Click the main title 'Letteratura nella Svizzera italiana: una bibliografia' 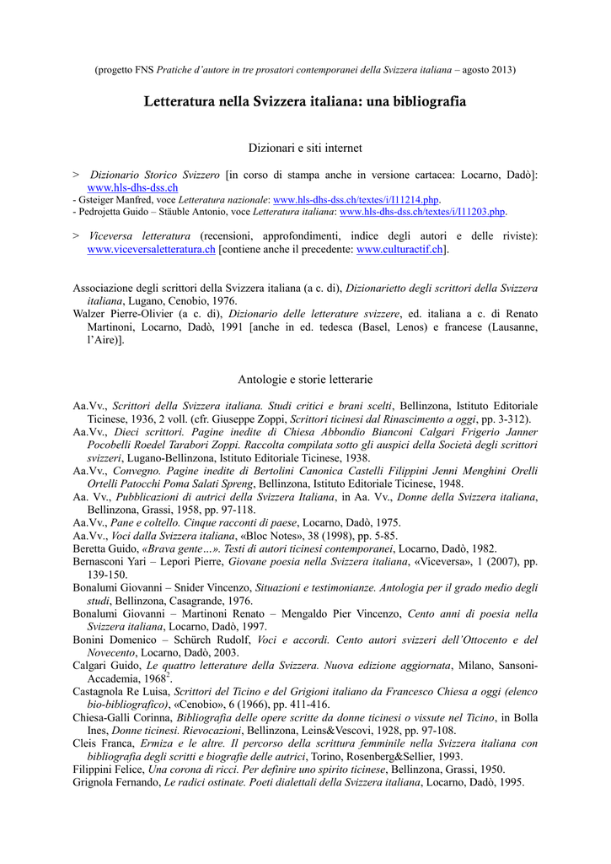click(x=305, y=101)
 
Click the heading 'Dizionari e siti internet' click(x=305, y=148)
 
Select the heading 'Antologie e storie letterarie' click(x=305, y=380)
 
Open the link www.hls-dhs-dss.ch click(x=132, y=186)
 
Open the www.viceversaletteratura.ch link click(x=152, y=250)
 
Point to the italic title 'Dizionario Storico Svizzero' click(x=155, y=174)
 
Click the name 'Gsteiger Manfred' click(x=109, y=199)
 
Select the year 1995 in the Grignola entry click(x=510, y=782)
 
